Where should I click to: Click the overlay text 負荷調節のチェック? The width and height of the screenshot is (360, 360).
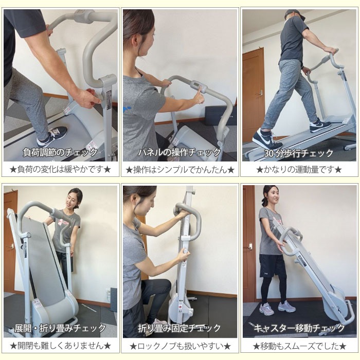pyautogui.click(x=60, y=152)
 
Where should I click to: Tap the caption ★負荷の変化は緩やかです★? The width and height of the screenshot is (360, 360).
pyautogui.click(x=60, y=169)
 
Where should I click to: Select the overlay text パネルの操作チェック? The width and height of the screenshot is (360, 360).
pyautogui.click(x=179, y=152)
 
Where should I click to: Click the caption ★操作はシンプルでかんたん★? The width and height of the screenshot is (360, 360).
pyautogui.click(x=180, y=170)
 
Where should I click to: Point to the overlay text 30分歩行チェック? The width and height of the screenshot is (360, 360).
pyautogui.click(x=298, y=153)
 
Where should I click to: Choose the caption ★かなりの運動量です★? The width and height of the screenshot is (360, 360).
pyautogui.click(x=299, y=170)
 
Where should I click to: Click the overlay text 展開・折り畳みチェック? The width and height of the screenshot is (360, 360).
pyautogui.click(x=60, y=328)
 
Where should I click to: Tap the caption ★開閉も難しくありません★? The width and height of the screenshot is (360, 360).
pyautogui.click(x=61, y=346)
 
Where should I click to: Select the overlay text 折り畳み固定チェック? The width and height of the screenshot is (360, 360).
pyautogui.click(x=179, y=328)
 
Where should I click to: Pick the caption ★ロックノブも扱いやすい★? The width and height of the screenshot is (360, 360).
pyautogui.click(x=180, y=346)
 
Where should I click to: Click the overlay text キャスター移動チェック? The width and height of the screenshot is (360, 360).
pyautogui.click(x=299, y=328)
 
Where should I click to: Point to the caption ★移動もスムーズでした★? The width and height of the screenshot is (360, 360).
pyautogui.click(x=299, y=346)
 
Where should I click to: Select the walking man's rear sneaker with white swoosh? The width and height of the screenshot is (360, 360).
pyautogui.click(x=267, y=139)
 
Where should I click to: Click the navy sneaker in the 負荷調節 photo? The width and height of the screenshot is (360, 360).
pyautogui.click(x=52, y=136)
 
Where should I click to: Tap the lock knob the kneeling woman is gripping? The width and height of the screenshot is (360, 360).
pyautogui.click(x=186, y=251)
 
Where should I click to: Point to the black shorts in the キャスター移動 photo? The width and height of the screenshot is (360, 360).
pyautogui.click(x=273, y=266)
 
